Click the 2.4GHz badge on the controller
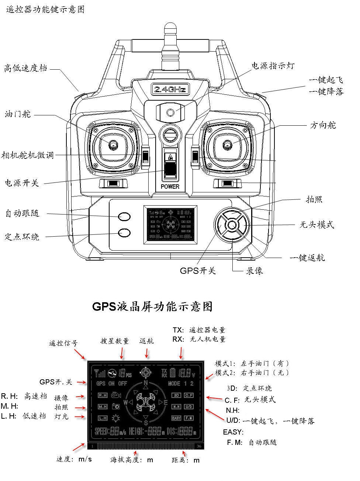tap(169, 89)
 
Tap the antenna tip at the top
tap(169, 28)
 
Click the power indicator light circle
tap(170, 112)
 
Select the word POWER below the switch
tap(170, 187)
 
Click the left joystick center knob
tap(112, 146)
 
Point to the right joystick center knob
tap(227, 146)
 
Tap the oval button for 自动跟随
tap(124, 216)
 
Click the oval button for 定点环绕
tap(124, 232)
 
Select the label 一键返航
tap(307, 258)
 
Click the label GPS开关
tap(198, 271)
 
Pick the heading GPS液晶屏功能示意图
tap(152, 307)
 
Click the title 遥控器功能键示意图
tap(45, 9)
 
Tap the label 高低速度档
tap(25, 68)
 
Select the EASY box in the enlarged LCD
tap(177, 418)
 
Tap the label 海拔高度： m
tap(132, 460)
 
